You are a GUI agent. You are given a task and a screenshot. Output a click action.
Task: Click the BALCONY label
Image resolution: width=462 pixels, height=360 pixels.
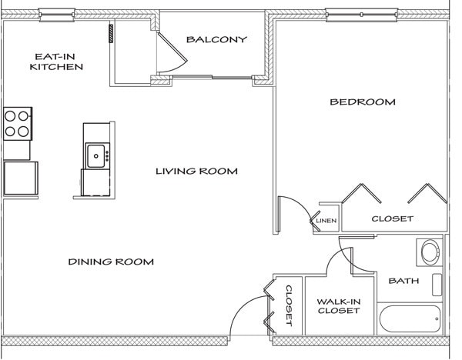pyautogui.click(x=216, y=40)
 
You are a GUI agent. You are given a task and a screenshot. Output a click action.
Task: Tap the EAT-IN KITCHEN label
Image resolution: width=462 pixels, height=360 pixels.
pyautogui.click(x=56, y=62)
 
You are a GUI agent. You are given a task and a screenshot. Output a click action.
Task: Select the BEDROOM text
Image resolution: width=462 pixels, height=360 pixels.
pyautogui.click(x=362, y=102)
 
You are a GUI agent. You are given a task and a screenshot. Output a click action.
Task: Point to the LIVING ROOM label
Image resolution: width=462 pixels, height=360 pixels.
pyautogui.click(x=196, y=171)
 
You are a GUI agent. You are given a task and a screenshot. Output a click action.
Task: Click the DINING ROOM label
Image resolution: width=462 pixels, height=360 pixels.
pyautogui.click(x=111, y=262)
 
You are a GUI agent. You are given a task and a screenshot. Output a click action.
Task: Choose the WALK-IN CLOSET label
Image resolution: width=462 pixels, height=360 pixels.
pyautogui.click(x=339, y=305)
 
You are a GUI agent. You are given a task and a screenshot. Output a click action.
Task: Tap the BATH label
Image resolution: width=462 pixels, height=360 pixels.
pyautogui.click(x=403, y=281)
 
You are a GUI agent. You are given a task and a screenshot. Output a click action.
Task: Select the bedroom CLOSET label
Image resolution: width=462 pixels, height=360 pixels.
pyautogui.click(x=392, y=218)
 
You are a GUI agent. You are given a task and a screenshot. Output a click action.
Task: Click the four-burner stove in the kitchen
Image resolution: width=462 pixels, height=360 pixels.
pyautogui.click(x=17, y=123)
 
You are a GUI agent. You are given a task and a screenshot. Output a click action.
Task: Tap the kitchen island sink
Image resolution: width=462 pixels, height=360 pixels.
pyautogui.click(x=97, y=155)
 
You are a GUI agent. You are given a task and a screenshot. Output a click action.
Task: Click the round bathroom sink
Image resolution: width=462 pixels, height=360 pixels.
pyautogui.click(x=429, y=252)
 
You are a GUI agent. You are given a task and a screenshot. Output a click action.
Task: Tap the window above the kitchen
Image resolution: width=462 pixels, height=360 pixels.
pyautogui.click(x=56, y=13)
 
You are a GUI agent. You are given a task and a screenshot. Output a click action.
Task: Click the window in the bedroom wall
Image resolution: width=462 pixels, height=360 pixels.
pyautogui.click(x=360, y=13)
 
